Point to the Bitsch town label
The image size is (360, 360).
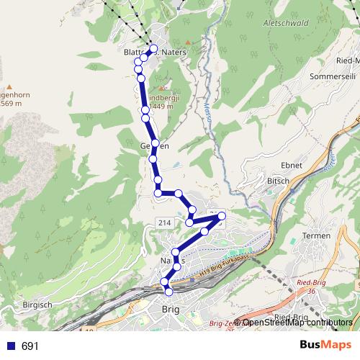[278, 181]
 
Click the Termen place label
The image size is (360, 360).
[317, 235]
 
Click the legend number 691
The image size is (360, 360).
[30, 346]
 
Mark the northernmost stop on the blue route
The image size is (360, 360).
[153, 49]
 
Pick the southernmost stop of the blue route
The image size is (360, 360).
[169, 292]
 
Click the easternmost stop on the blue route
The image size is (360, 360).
[222, 216]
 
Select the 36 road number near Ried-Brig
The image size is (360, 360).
[311, 292]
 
